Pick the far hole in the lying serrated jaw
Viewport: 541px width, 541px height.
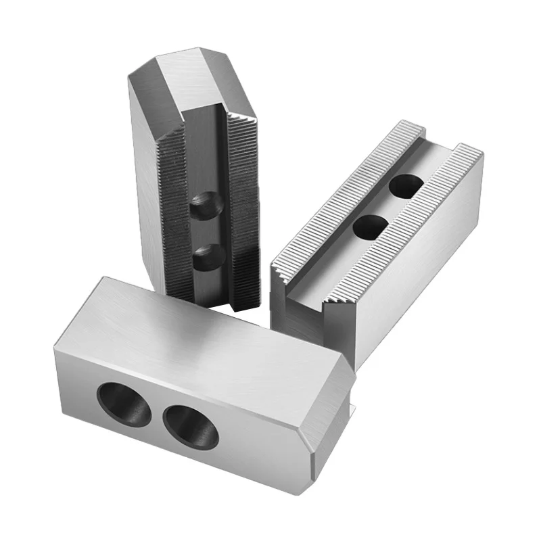click(x=410, y=184)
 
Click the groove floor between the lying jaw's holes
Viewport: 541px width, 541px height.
click(x=390, y=206)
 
